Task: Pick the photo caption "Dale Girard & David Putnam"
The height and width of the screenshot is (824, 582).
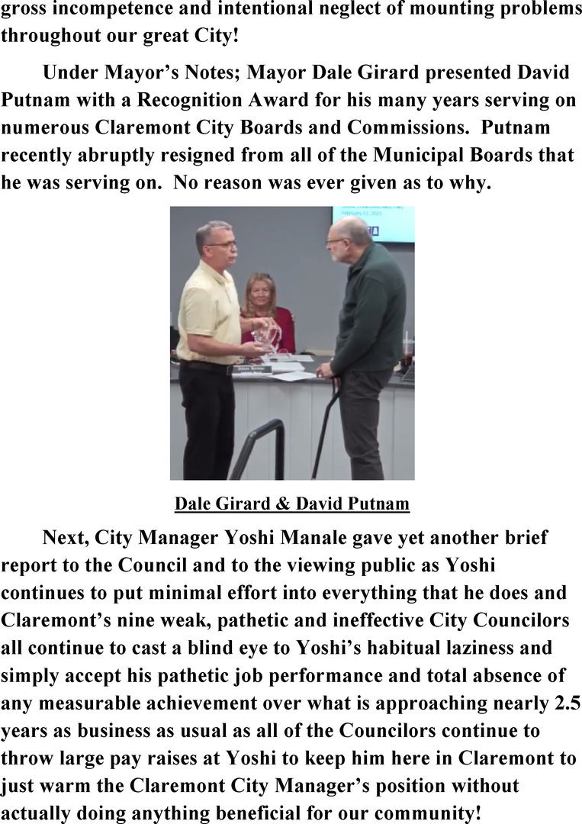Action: pyautogui.click(x=292, y=504)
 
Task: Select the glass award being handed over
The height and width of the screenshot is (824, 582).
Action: pyautogui.click(x=267, y=336)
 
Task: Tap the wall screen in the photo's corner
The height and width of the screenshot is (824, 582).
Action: pyautogui.click(x=374, y=223)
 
